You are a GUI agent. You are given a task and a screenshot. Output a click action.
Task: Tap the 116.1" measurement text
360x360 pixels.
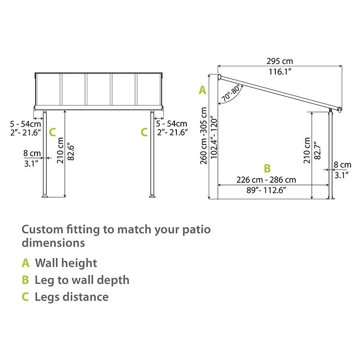tap(279, 72)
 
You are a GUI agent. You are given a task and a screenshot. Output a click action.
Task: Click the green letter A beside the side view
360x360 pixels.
tap(202, 90)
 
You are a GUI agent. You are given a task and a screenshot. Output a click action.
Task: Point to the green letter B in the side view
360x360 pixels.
tap(267, 169)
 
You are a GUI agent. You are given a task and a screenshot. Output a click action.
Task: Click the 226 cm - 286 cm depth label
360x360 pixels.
tap(266, 180)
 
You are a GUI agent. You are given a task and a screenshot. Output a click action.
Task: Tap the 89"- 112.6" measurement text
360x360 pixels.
tap(266, 190)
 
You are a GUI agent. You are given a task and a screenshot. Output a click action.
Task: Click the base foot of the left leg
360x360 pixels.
tap(45, 196)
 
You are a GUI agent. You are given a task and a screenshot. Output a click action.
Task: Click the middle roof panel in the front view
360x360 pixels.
tap(99, 89)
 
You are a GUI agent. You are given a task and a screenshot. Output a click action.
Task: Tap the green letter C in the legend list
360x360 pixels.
tap(25, 297)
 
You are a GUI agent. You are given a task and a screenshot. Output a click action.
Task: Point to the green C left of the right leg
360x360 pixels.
tap(144, 132)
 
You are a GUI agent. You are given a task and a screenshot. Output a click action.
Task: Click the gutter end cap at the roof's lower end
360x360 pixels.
tap(339, 110)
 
